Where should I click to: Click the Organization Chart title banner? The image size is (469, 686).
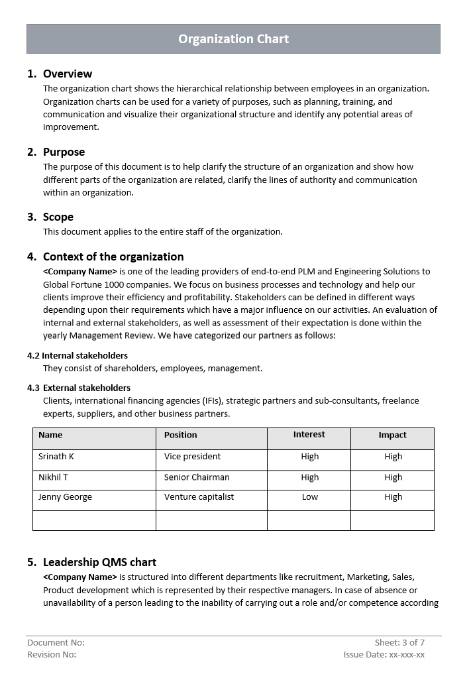tap(233, 39)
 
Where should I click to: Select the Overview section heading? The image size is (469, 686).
tap(67, 74)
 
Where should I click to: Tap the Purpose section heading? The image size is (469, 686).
tap(64, 152)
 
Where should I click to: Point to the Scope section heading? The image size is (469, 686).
tap(58, 217)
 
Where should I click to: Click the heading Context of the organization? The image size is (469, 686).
tap(113, 257)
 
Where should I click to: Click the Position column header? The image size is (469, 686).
tap(181, 435)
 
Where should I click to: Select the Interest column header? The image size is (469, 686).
tap(309, 435)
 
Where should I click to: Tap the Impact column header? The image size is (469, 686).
tap(392, 435)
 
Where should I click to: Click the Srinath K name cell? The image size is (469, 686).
tap(56, 457)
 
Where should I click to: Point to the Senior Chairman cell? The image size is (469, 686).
tap(197, 477)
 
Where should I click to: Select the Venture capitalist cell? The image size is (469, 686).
tap(199, 497)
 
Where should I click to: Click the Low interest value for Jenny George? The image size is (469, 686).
tap(310, 497)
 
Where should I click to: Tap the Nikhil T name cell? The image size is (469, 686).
tap(53, 477)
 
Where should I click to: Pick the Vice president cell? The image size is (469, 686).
tap(192, 457)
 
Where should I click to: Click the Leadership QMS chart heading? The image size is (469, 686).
tap(99, 562)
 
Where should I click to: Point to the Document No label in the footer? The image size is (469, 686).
tap(56, 642)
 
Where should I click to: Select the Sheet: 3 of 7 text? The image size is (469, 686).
tap(399, 642)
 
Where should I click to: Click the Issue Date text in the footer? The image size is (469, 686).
tap(384, 655)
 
